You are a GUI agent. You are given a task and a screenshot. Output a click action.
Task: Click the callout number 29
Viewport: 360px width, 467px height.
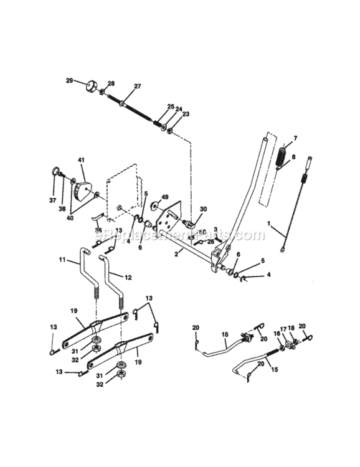pos(69,80)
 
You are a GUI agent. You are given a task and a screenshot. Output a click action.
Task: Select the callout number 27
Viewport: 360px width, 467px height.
pos(138,87)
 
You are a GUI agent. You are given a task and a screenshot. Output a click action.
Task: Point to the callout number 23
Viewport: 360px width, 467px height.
pos(186,114)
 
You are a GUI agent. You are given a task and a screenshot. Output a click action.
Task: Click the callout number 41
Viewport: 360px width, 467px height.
pos(81,161)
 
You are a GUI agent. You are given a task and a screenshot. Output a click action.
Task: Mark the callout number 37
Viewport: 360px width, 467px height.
pos(52,200)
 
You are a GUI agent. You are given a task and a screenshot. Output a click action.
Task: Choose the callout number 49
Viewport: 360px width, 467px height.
pos(165,197)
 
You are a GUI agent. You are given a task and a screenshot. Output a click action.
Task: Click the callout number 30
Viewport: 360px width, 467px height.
pos(203,209)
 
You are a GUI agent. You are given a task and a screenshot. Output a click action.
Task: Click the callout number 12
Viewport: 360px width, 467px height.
pos(129,276)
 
